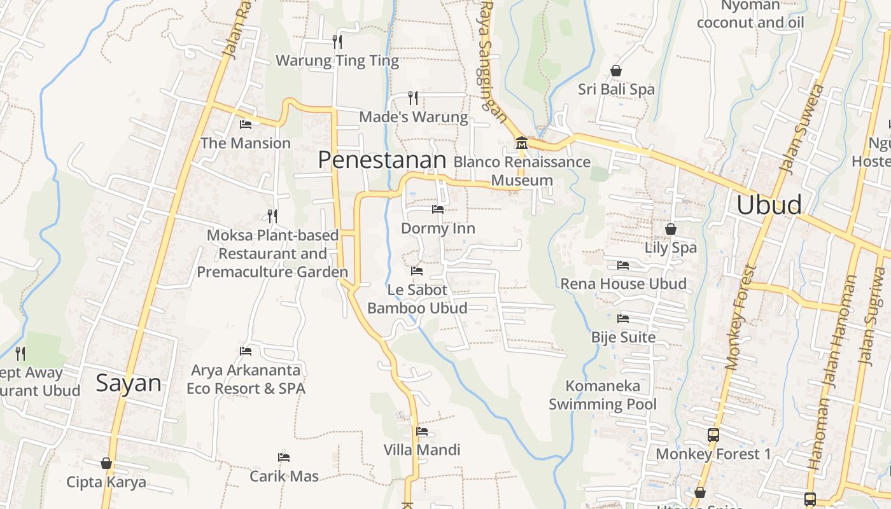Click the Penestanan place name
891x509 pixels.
(x=382, y=160)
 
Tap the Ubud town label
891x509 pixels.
(x=769, y=205)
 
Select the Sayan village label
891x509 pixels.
(x=129, y=383)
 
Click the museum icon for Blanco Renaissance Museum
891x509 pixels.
(x=522, y=142)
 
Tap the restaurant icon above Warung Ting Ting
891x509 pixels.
(x=337, y=42)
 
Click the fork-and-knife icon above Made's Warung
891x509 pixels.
(x=413, y=97)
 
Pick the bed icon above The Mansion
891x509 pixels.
(x=246, y=124)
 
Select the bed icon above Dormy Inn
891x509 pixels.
(x=438, y=209)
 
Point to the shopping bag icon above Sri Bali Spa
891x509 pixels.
(x=615, y=70)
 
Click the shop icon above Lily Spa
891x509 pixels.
(x=671, y=228)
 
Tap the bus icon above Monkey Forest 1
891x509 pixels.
(x=713, y=435)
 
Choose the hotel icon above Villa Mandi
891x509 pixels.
(x=422, y=431)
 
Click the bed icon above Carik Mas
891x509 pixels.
(x=284, y=457)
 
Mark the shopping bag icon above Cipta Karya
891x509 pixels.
(x=106, y=463)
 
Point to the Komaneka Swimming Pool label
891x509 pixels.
(x=603, y=394)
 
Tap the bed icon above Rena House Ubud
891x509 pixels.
(x=623, y=265)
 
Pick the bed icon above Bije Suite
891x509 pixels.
(x=623, y=318)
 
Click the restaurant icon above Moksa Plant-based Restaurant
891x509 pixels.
(x=272, y=216)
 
